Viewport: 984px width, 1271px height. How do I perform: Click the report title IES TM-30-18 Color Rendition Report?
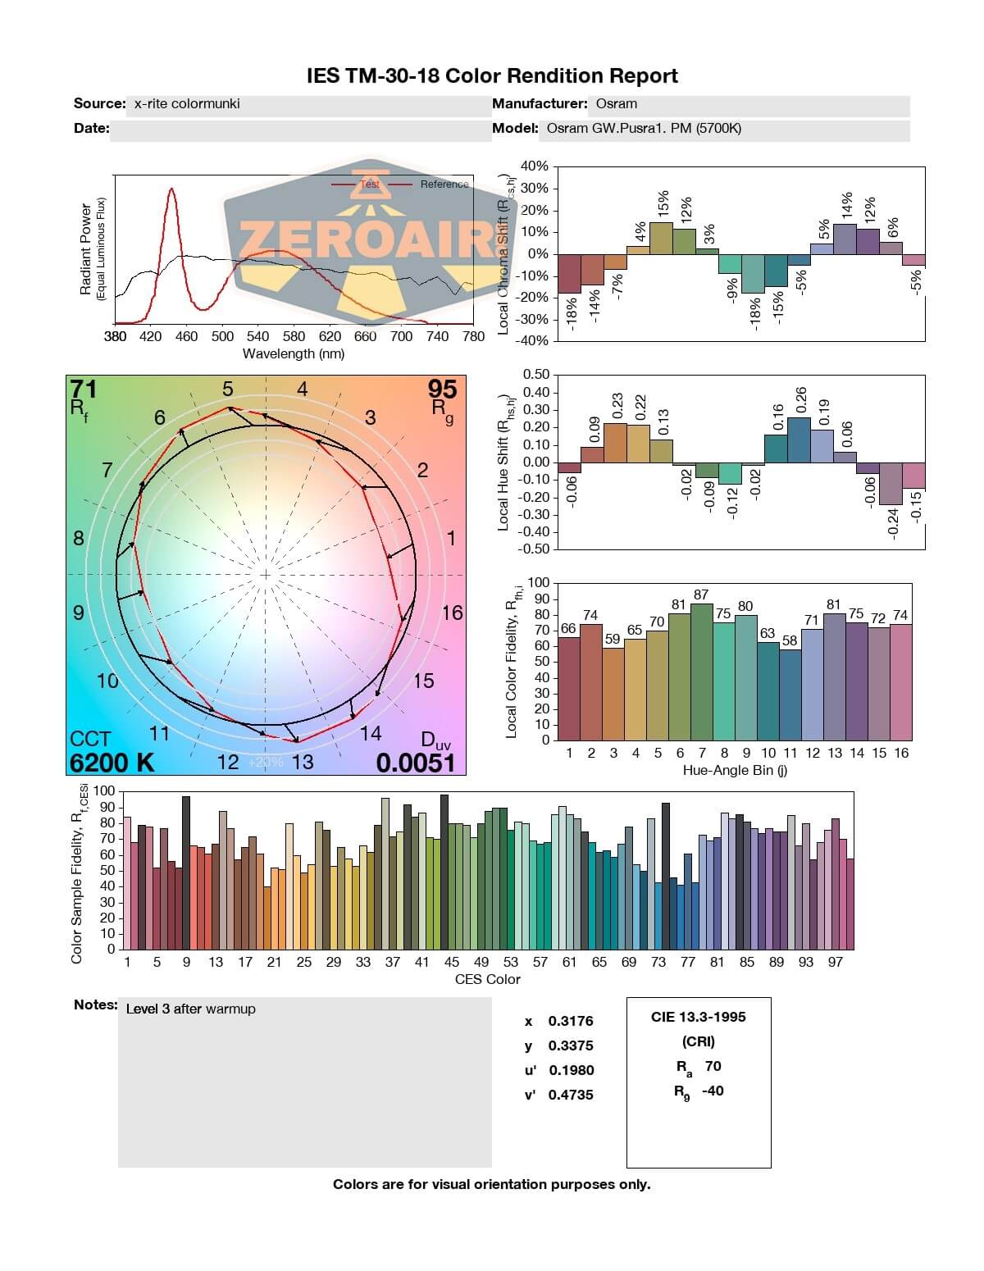(492, 76)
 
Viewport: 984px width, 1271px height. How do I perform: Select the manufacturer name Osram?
(616, 104)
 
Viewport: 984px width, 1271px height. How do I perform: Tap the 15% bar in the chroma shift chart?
(661, 238)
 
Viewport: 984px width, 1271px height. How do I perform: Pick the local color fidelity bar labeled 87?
(701, 672)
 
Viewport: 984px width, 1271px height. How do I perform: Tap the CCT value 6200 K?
(112, 763)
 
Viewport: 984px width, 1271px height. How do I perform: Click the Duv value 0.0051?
(415, 763)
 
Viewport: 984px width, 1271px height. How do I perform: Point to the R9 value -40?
(713, 1091)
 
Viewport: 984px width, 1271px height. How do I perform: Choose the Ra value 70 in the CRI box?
(713, 1066)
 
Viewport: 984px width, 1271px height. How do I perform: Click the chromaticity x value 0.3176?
(571, 1021)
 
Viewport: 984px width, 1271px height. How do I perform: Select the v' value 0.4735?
(571, 1095)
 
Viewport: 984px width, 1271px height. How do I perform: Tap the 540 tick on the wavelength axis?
(257, 336)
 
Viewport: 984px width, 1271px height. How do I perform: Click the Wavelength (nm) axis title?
(294, 354)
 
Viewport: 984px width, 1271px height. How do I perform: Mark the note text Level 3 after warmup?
(190, 1009)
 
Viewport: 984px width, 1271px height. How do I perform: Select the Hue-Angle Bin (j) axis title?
(735, 771)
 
